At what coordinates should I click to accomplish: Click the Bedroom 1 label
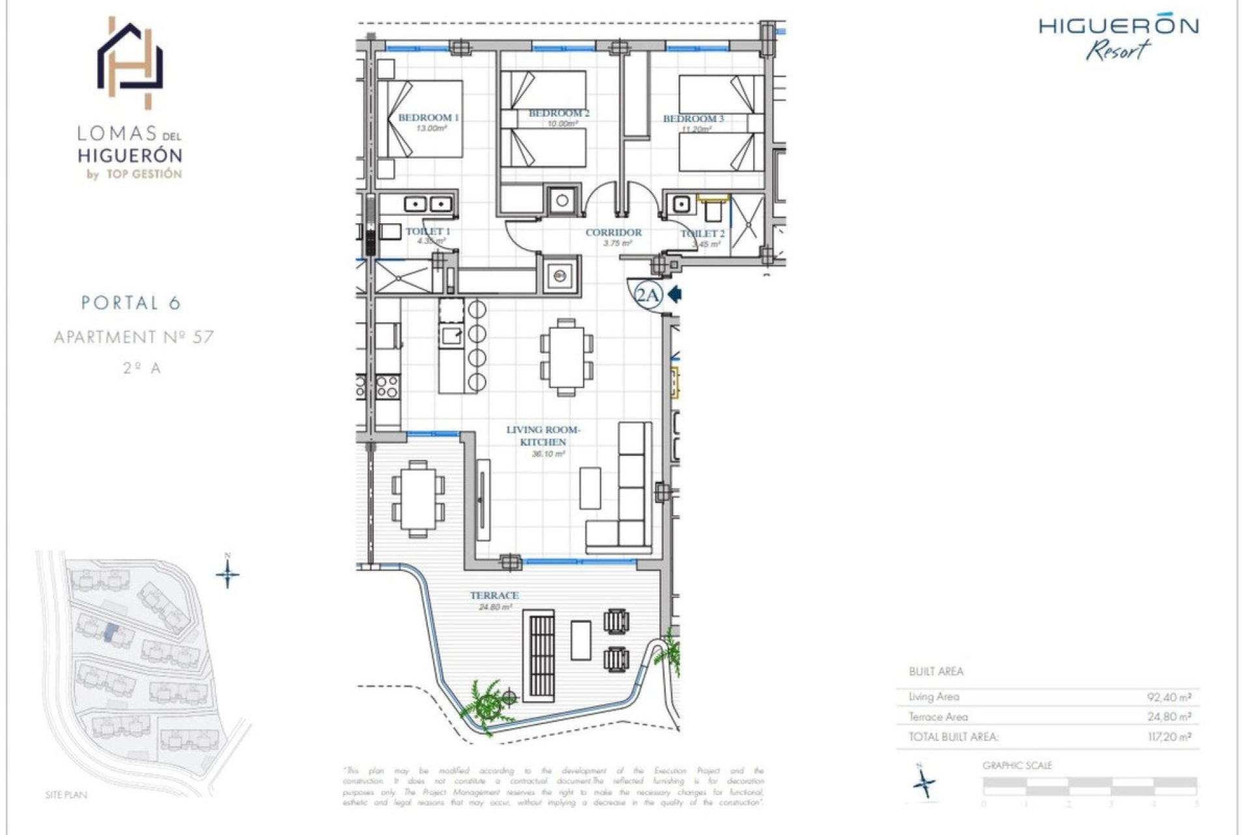pyautogui.click(x=428, y=117)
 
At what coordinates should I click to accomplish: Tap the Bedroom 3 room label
pyautogui.click(x=693, y=119)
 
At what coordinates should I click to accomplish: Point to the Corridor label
pyautogui.click(x=613, y=232)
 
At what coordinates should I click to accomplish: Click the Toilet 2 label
pyautogui.click(x=702, y=234)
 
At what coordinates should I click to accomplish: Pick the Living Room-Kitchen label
pyautogui.click(x=543, y=436)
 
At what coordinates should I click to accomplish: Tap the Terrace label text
pyautogui.click(x=494, y=596)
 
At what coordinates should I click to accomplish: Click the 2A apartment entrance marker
pyautogui.click(x=648, y=296)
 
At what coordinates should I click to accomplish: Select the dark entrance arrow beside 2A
pyautogui.click(x=675, y=295)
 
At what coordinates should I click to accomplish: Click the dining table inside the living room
pyautogui.click(x=566, y=357)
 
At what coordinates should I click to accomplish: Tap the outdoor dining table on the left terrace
pyautogui.click(x=418, y=499)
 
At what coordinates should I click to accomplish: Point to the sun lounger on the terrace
pyautogui.click(x=539, y=656)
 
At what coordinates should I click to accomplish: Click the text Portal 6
pyautogui.click(x=131, y=303)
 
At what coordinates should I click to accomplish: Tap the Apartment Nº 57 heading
pyautogui.click(x=134, y=337)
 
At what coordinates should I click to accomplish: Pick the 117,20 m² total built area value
pyautogui.click(x=1169, y=737)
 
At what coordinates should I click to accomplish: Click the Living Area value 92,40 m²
pyautogui.click(x=1169, y=697)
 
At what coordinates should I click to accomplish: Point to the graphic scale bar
pyautogui.click(x=1089, y=785)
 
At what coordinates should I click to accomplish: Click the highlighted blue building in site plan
pyautogui.click(x=112, y=632)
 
